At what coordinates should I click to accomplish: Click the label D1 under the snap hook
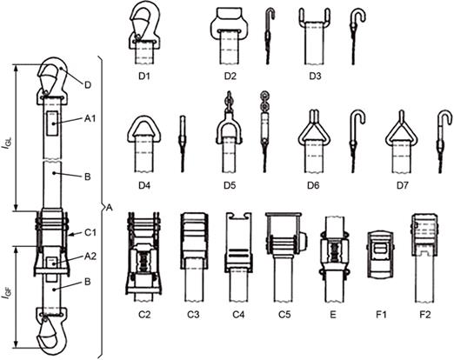144,77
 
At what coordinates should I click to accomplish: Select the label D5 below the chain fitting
230,185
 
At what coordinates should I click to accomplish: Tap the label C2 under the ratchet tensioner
144,315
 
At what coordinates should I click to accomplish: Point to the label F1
381,315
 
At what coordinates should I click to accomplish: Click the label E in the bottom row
333,315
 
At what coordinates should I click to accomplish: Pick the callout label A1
90,118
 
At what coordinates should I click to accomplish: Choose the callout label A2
90,256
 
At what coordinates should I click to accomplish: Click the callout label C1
90,232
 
